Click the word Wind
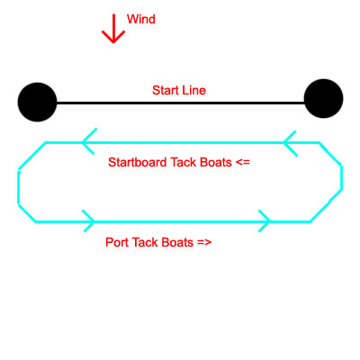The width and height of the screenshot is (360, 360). click(x=141, y=19)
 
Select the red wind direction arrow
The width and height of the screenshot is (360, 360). click(x=113, y=29)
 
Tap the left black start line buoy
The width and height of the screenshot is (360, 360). click(x=37, y=102)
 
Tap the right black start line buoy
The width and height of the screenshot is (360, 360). click(x=323, y=98)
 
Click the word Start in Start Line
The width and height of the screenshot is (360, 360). click(x=166, y=90)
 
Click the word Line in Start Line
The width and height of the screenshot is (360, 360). click(x=194, y=90)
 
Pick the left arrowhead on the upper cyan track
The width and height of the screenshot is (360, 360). click(x=89, y=141)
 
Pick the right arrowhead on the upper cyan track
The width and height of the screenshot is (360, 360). click(x=291, y=143)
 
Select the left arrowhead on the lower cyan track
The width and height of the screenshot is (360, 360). click(x=88, y=220)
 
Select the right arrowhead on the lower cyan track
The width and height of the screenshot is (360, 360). click(x=265, y=220)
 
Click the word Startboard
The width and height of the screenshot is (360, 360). click(x=138, y=162)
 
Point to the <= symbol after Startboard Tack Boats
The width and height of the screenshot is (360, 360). click(x=243, y=163)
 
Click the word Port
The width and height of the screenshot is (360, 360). click(x=117, y=242)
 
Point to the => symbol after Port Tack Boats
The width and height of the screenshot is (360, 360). click(x=204, y=242)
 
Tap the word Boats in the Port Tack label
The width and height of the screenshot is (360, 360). click(x=177, y=242)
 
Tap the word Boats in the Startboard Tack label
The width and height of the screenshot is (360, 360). click(x=216, y=162)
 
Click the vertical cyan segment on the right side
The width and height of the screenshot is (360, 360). click(x=341, y=177)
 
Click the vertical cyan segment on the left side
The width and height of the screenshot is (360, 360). click(x=19, y=187)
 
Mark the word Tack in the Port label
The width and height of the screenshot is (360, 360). click(x=145, y=242)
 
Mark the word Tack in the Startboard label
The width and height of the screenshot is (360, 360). click(x=184, y=162)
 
